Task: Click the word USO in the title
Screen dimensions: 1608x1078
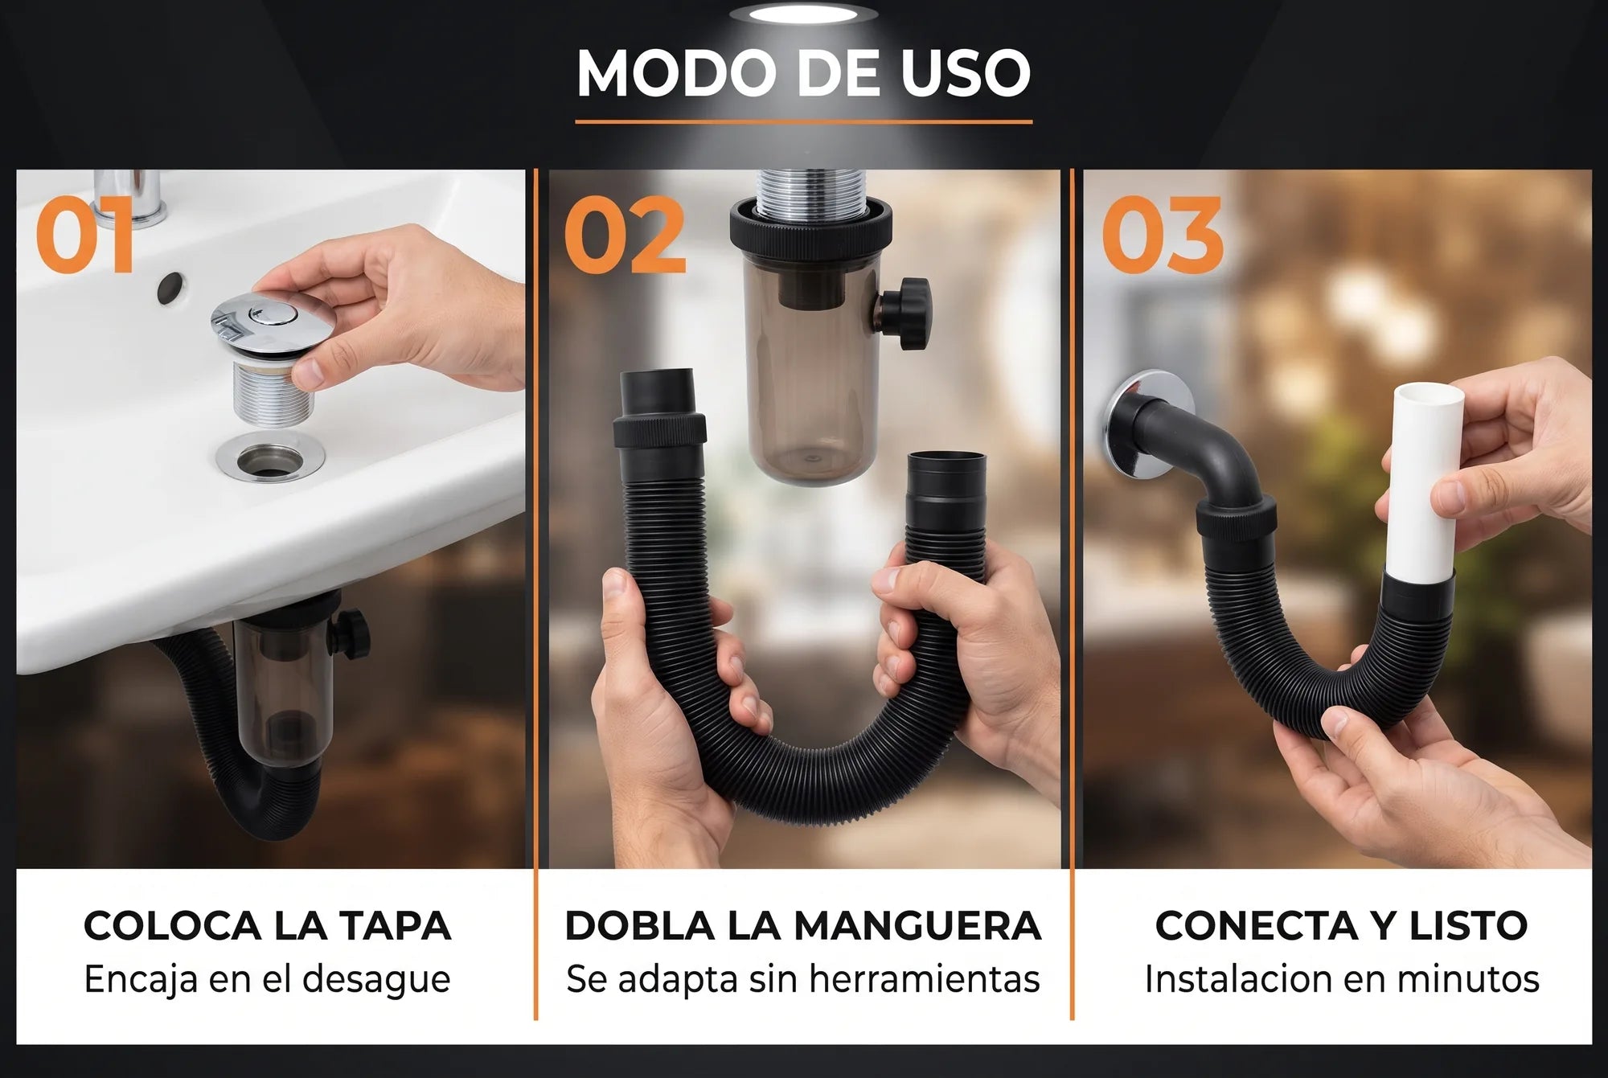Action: pos(965,73)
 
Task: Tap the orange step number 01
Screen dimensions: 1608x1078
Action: pos(84,236)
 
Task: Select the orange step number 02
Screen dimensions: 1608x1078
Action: pos(625,236)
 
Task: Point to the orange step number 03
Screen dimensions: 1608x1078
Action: pos(1162,236)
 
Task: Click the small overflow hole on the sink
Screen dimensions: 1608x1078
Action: pos(170,288)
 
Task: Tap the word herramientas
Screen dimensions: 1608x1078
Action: pos(925,979)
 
